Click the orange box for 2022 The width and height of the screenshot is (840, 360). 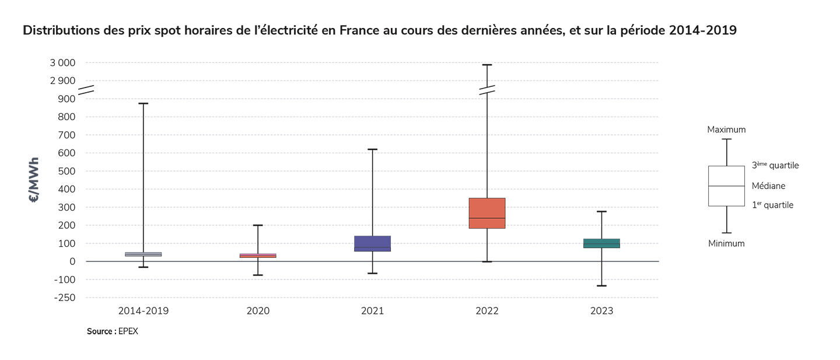point(487,213)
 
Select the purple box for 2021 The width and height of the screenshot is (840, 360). point(372,243)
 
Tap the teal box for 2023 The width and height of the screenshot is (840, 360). point(601,243)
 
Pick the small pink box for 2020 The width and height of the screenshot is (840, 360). point(258,256)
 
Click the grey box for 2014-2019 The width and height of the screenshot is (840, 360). point(143,254)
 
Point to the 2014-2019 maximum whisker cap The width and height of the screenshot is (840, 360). point(143,103)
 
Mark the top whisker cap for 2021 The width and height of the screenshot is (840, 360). point(372,149)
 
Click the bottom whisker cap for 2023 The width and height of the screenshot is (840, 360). point(601,286)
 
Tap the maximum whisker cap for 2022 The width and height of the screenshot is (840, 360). point(487,65)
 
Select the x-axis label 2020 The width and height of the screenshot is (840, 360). point(258,312)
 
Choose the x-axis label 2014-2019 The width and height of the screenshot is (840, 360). point(143,312)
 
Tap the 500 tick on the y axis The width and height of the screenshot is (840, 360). point(67,172)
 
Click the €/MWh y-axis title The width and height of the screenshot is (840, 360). point(33,180)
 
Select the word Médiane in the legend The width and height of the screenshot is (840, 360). point(768,186)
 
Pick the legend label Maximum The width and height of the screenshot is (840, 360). point(726,130)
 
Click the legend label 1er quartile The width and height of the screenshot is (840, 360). point(772,205)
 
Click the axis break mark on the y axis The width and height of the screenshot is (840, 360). point(86,90)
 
